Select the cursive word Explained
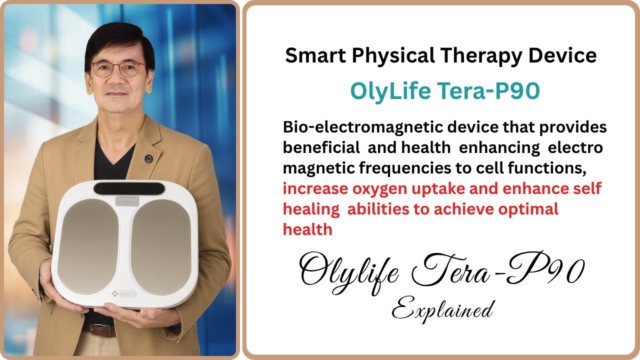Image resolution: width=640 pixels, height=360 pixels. click(442, 310)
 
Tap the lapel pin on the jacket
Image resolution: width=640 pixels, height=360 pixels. click(148, 159)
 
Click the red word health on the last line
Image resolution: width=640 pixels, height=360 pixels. click(307, 229)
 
